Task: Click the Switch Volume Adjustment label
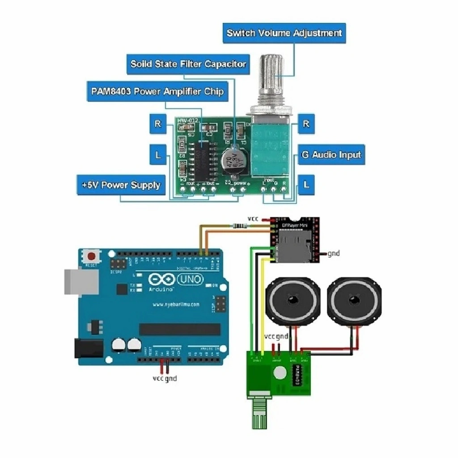coord(284,33)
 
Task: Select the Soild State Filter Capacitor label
coord(188,64)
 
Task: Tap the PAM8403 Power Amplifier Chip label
coord(157,92)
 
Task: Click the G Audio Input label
coord(331,155)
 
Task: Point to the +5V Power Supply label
coord(121,185)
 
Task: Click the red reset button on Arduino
coord(92,257)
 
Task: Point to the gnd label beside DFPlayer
coord(334,254)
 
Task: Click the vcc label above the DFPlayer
coord(253,219)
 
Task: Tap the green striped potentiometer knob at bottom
coord(259,413)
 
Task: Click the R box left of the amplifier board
coord(157,124)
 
